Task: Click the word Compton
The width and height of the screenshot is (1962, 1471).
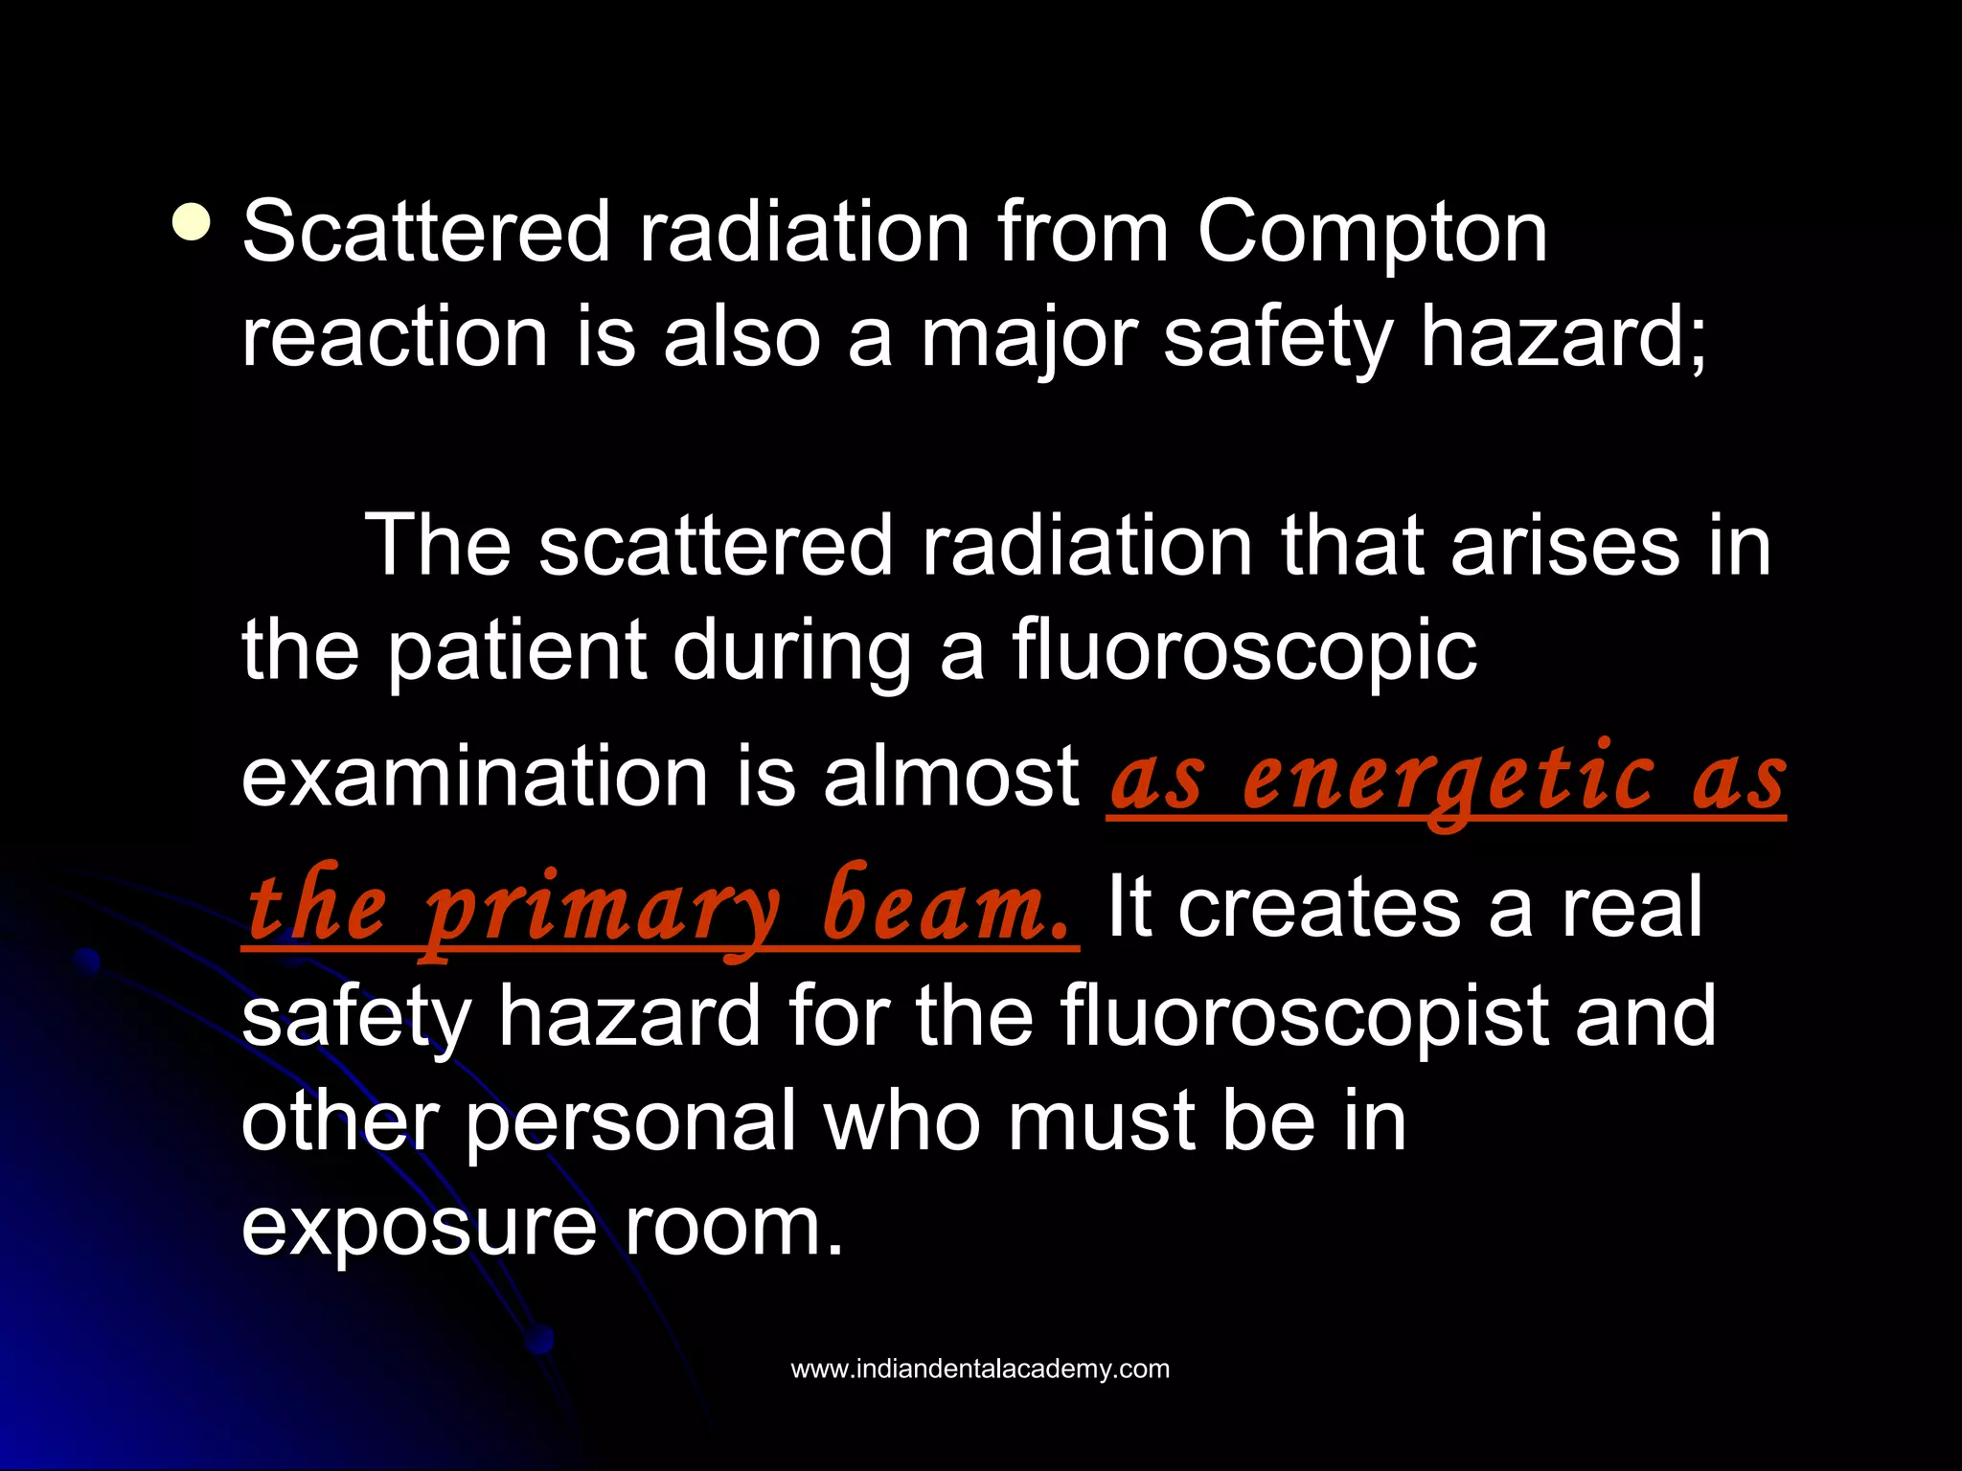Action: (1372, 235)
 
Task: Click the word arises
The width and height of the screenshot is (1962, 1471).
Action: (1564, 546)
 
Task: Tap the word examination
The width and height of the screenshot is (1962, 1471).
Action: (474, 777)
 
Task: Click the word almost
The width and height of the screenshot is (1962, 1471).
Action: (950, 777)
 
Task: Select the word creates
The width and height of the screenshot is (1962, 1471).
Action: (1318, 906)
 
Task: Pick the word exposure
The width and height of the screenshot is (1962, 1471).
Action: (420, 1227)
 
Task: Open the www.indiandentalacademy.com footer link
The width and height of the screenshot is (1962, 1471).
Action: (980, 1369)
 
